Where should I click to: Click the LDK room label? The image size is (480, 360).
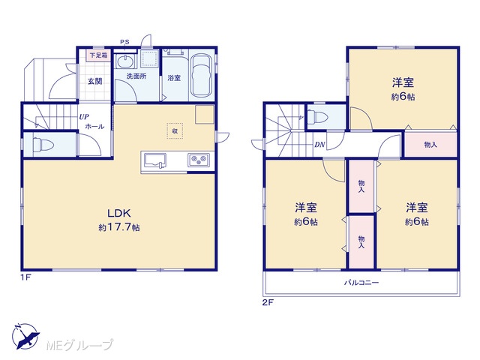point(119,213)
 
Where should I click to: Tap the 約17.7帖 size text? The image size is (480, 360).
point(119,227)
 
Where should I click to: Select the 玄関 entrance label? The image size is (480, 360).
point(95,82)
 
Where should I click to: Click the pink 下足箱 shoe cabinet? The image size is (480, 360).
point(98,55)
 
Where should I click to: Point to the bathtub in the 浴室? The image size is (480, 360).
point(201,76)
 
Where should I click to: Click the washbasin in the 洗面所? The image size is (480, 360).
point(125,61)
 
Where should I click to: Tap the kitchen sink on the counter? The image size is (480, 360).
point(155,160)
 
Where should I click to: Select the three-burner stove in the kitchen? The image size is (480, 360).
point(199,160)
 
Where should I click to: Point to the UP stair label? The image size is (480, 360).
point(84,117)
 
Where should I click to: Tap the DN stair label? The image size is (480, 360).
point(319,145)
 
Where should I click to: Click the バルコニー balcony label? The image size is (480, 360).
point(361,283)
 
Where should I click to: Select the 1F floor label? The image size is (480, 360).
point(26,277)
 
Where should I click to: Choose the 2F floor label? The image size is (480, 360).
point(268,303)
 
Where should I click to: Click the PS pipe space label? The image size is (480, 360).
point(124,42)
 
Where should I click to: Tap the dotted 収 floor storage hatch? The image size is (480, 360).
point(175,131)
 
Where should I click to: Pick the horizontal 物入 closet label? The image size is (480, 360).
point(430,145)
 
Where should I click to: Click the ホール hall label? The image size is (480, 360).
point(94,127)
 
